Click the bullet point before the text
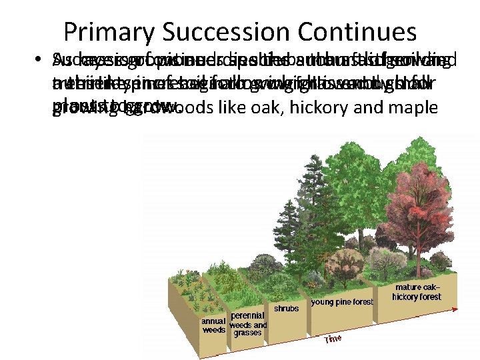(x=39, y=63)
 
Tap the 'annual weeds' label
(x=214, y=325)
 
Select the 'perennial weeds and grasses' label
(x=247, y=323)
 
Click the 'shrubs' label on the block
(x=286, y=309)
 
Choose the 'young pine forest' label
(x=342, y=302)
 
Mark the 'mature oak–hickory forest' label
(x=417, y=292)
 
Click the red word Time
(x=333, y=339)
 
